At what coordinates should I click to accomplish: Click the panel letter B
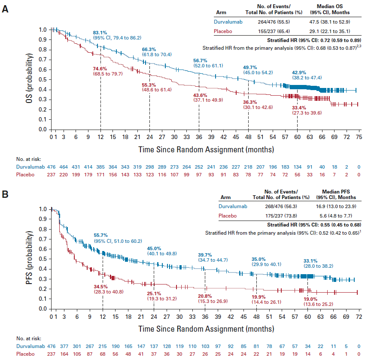point(5,194)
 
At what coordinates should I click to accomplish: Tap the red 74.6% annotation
point(100,68)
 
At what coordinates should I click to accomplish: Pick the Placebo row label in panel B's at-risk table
point(26,354)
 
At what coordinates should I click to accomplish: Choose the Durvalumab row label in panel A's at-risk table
point(30,167)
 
